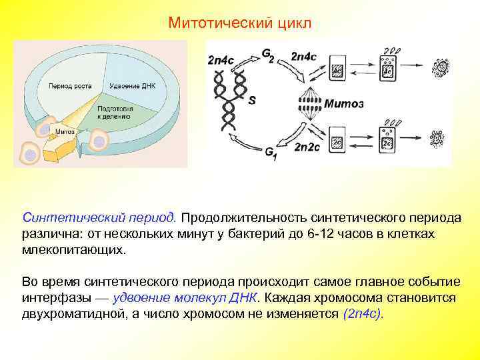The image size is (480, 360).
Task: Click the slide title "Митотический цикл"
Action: [x=239, y=23]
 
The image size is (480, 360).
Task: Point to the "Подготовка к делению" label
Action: [x=115, y=111]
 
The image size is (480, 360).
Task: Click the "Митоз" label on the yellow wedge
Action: [x=65, y=131]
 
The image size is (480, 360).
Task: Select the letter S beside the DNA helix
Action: [x=251, y=101]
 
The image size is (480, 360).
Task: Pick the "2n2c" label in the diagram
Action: [x=308, y=146]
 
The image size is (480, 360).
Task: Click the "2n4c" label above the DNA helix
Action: [x=221, y=59]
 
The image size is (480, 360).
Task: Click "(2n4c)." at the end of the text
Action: [x=363, y=314]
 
